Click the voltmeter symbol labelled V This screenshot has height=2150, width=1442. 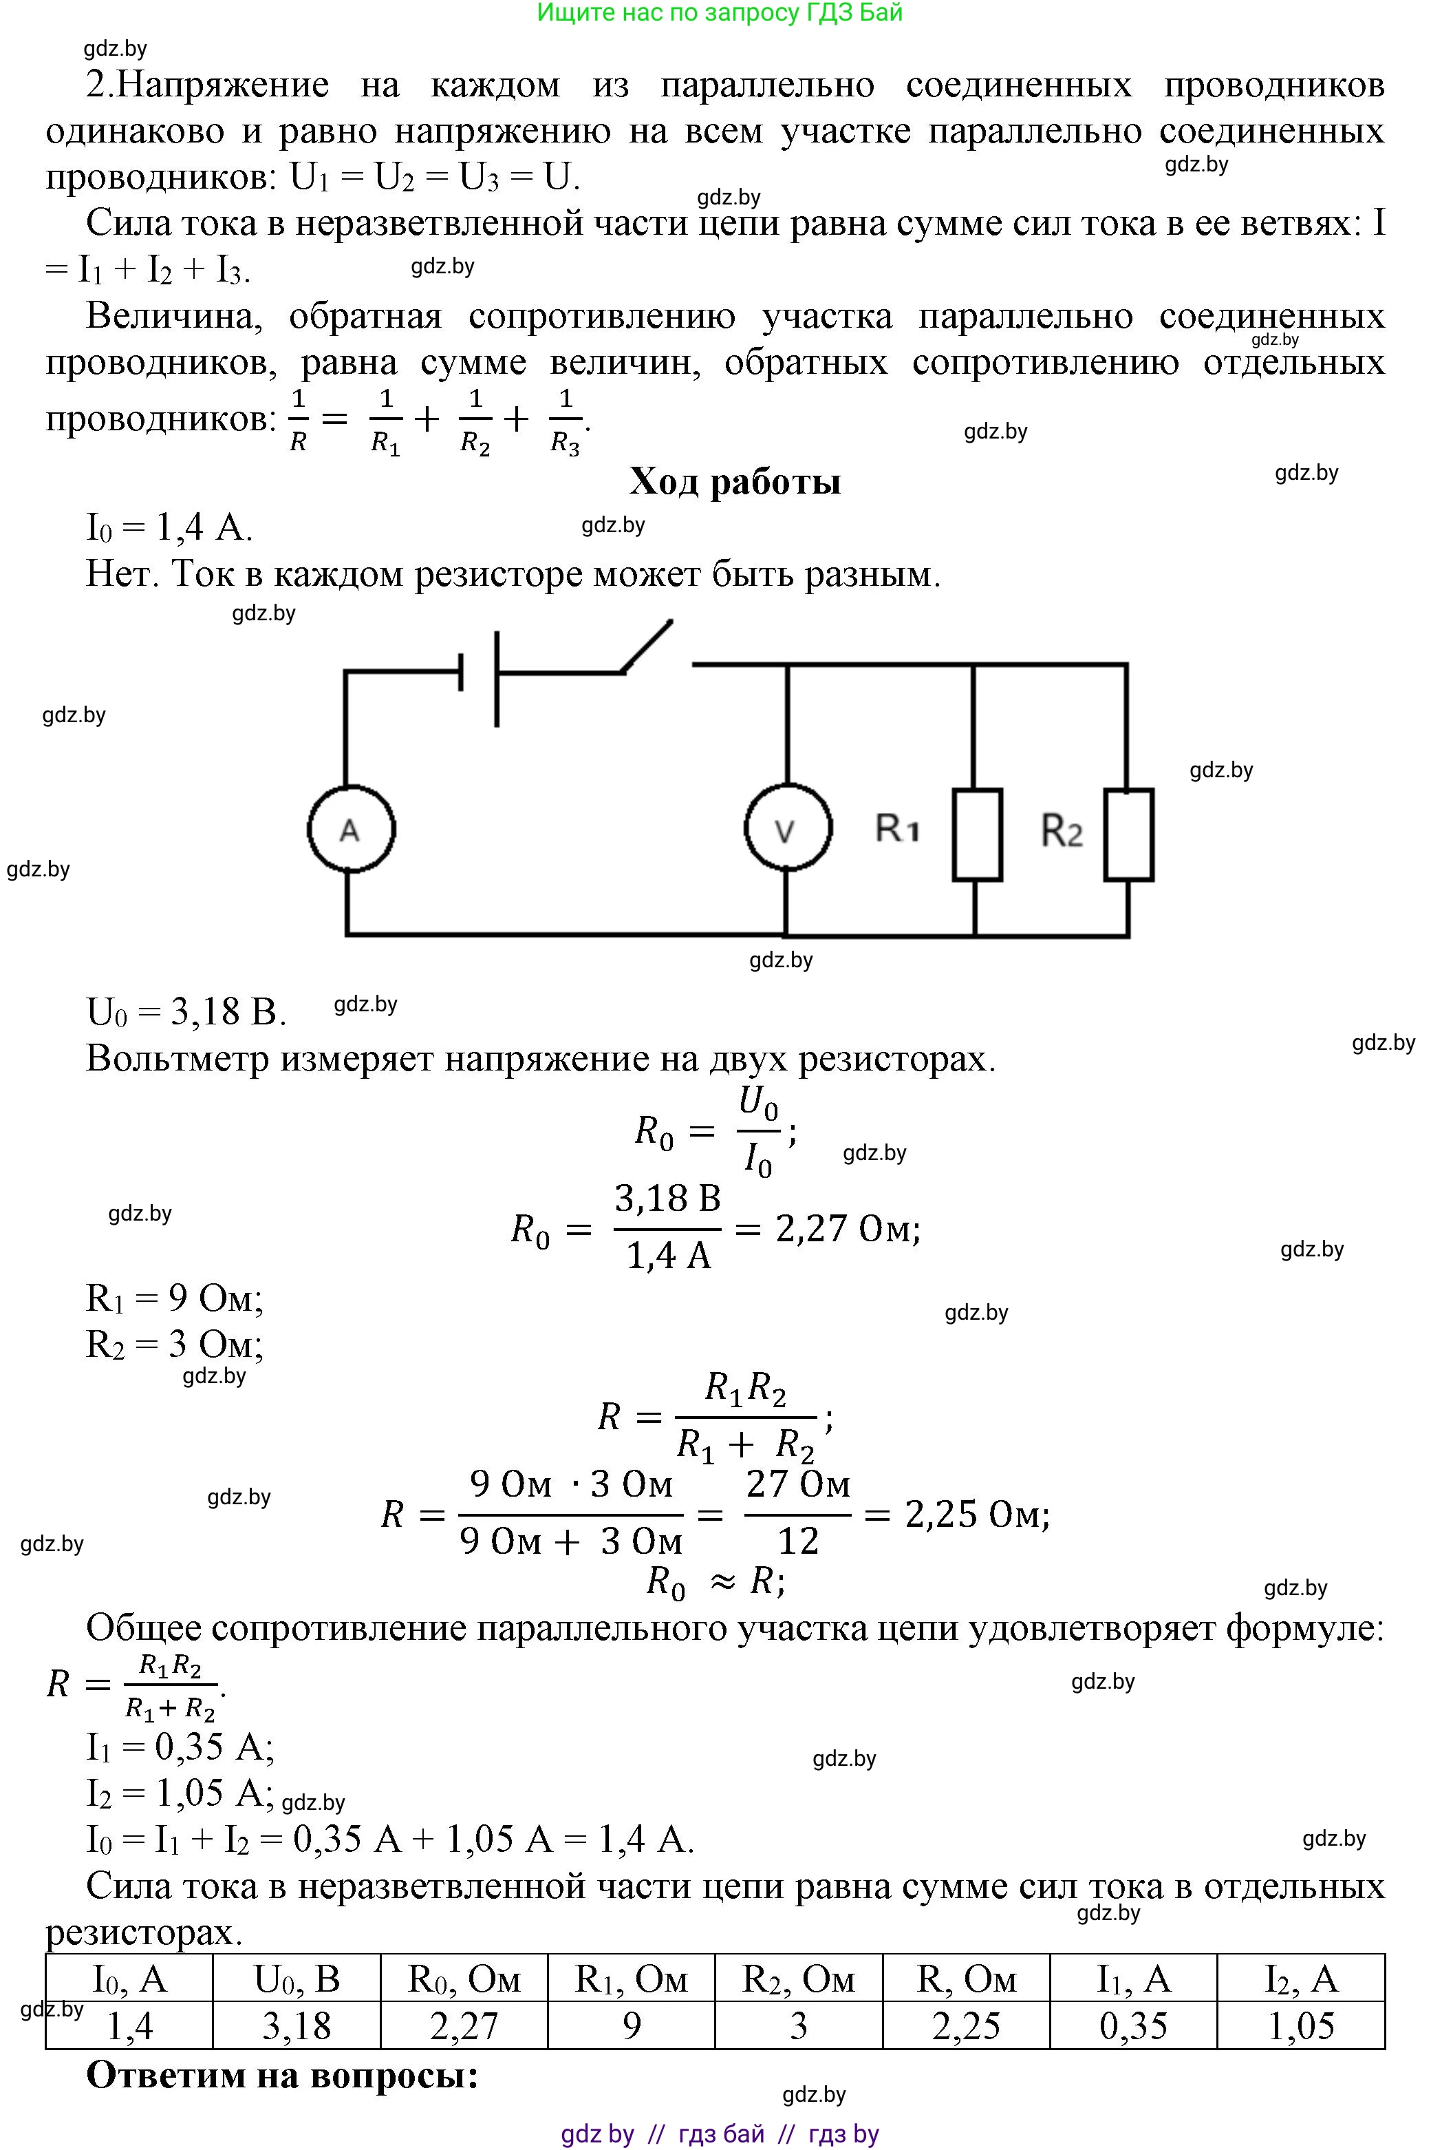point(787,829)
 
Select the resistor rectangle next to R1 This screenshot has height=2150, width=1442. point(977,834)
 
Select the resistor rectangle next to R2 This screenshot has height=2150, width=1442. point(1128,834)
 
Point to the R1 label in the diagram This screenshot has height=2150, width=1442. point(896,829)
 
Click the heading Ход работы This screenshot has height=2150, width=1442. point(735,481)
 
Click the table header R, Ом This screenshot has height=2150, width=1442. point(966,1978)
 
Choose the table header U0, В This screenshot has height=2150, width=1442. point(296,1978)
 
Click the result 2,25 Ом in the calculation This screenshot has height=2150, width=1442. point(977,1513)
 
